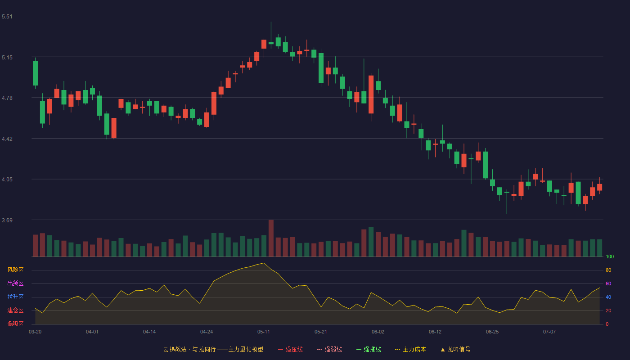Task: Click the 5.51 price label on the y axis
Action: (7, 17)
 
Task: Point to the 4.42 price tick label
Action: (7, 139)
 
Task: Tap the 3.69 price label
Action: (7, 220)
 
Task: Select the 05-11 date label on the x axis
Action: (264, 332)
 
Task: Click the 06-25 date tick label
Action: (492, 332)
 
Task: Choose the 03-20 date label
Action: (35, 332)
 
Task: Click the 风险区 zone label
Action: (15, 270)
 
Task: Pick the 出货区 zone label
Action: (15, 283)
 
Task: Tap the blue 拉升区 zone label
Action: (15, 297)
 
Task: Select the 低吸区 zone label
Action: (15, 324)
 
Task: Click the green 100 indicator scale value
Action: (610, 256)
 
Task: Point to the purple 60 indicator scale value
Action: (608, 283)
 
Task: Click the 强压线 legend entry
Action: (290, 349)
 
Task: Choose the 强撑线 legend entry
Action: (369, 349)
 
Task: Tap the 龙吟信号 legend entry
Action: (455, 349)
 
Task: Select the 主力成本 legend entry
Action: (410, 349)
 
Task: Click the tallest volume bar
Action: (271, 238)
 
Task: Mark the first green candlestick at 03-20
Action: (35, 73)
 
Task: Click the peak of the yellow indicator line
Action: (264, 263)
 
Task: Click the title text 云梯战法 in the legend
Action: (175, 349)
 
